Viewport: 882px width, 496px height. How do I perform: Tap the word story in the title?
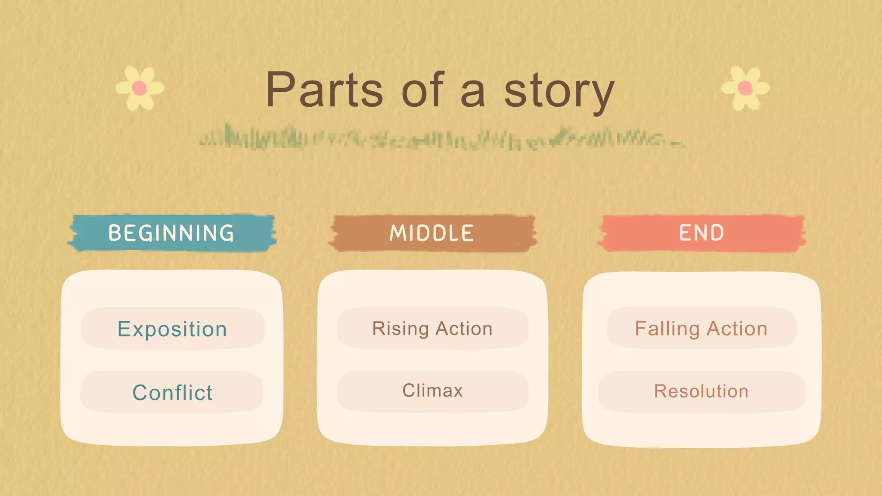(x=559, y=91)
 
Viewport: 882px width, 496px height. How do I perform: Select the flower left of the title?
(x=140, y=88)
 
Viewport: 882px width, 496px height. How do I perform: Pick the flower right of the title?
(x=745, y=88)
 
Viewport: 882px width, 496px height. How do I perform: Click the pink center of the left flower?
(x=139, y=88)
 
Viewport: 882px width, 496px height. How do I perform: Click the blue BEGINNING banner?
(x=171, y=233)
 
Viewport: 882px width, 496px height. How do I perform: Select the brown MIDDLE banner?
(x=432, y=233)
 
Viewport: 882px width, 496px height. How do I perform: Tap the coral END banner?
(x=702, y=233)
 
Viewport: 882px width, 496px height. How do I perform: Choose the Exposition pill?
(x=172, y=329)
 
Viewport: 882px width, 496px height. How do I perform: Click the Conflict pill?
(x=172, y=392)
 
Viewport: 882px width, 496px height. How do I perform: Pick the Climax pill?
(x=432, y=391)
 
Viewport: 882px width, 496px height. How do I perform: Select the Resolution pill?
(x=701, y=391)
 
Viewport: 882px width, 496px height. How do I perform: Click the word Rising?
(x=401, y=329)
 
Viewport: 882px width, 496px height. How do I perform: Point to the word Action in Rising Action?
(x=464, y=329)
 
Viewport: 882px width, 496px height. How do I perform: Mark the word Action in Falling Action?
(x=737, y=329)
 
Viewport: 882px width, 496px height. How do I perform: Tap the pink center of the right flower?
(x=745, y=88)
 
